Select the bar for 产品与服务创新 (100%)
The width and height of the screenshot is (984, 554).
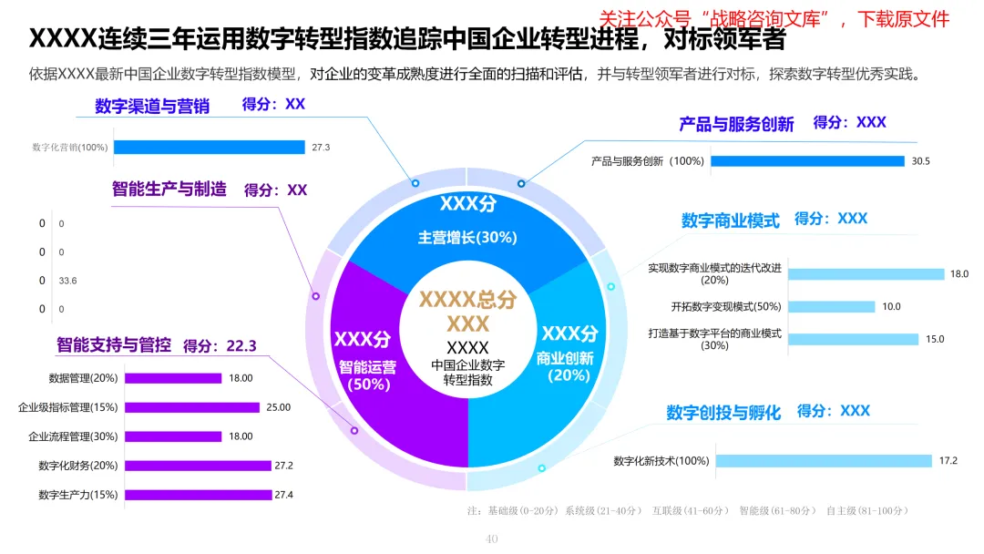(807, 161)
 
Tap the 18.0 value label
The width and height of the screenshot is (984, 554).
(959, 273)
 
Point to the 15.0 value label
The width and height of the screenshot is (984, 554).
(935, 339)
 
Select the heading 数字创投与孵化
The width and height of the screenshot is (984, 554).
(723, 413)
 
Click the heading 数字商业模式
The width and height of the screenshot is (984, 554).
(731, 221)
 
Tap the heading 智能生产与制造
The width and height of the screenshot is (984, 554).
(169, 190)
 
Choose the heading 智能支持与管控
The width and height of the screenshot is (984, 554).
(113, 345)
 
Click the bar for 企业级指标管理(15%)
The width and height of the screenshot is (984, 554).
(191, 407)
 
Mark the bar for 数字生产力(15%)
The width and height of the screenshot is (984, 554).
(198, 495)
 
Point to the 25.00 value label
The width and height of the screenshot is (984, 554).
(278, 407)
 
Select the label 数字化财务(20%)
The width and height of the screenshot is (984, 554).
(78, 466)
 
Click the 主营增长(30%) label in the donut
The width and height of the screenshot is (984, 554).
(467, 237)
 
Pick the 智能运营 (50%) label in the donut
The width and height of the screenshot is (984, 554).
(367, 375)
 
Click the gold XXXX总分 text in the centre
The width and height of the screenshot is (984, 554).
(467, 299)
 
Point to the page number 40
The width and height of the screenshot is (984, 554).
(492, 539)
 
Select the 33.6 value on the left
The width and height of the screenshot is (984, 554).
(67, 281)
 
